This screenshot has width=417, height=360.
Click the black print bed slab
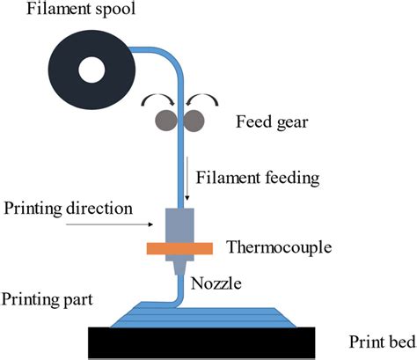tap(202, 342)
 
